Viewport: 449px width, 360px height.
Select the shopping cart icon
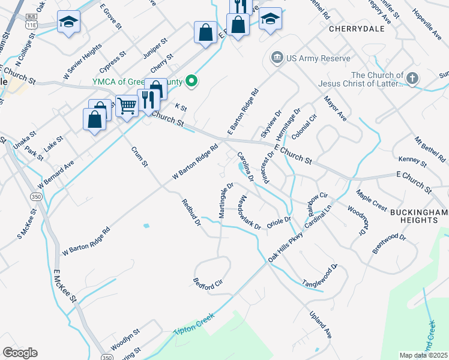point(127,106)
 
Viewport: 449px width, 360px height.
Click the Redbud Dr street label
point(191,214)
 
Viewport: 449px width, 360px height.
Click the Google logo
point(20,352)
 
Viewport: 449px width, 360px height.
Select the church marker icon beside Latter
point(412,78)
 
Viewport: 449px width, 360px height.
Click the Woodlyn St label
point(125,340)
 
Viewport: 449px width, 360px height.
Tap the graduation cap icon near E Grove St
point(69,23)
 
